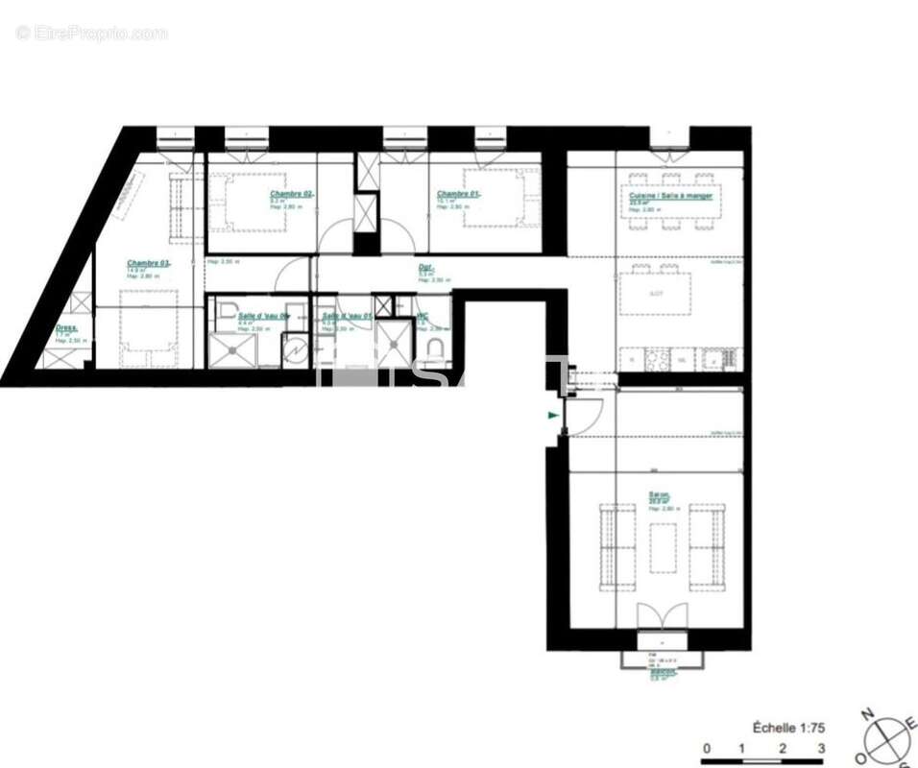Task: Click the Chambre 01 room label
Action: (458, 194)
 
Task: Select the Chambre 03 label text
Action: (148, 263)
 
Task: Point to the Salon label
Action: (658, 497)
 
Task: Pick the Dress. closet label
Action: (66, 327)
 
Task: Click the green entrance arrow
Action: (552, 416)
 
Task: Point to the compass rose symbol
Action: (890, 740)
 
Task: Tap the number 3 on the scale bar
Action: (821, 748)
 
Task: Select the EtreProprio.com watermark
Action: (91, 34)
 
